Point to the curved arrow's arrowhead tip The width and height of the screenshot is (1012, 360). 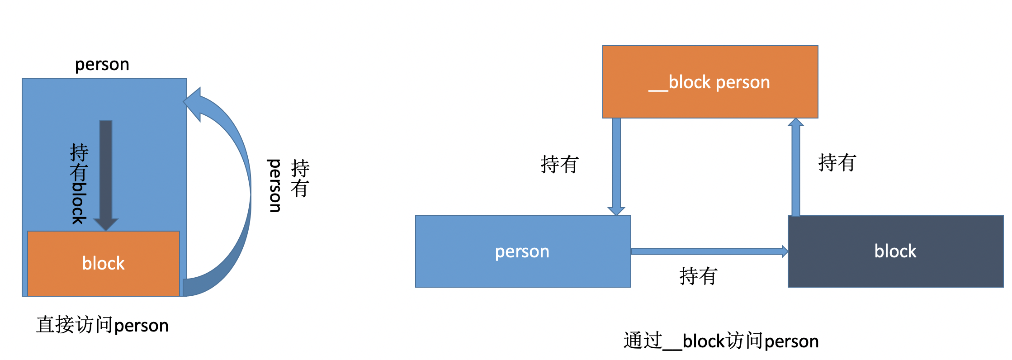[x=185, y=102]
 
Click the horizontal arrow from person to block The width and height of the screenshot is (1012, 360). [x=708, y=251]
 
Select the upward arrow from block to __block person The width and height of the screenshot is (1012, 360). [x=796, y=167]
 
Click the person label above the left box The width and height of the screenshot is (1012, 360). [x=102, y=64]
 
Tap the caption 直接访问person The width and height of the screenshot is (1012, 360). [x=102, y=325]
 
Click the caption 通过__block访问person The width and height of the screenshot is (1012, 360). [x=721, y=341]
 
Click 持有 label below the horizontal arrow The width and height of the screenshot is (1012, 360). [x=698, y=276]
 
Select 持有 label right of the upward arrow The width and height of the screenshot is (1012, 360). [x=837, y=162]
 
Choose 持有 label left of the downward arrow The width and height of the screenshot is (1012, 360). [x=559, y=164]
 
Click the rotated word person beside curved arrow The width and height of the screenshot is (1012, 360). [x=274, y=185]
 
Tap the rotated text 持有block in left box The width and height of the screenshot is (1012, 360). [x=79, y=184]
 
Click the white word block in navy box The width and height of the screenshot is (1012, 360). [x=895, y=251]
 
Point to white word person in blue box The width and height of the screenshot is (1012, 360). [x=522, y=251]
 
